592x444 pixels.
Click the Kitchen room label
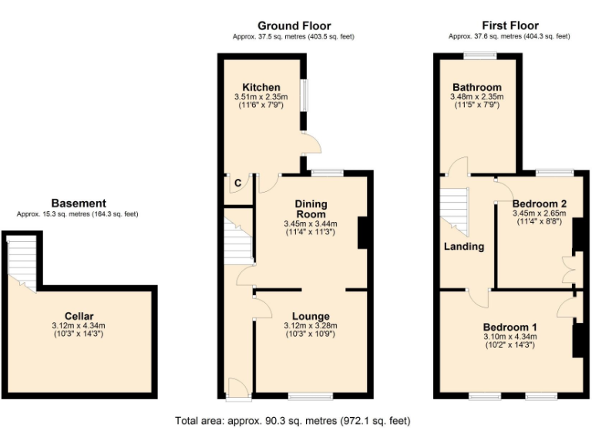(261, 87)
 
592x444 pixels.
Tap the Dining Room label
(311, 208)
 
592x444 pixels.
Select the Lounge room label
(311, 316)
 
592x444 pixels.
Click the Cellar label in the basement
(79, 316)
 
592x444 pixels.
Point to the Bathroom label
(476, 87)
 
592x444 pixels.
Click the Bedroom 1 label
(510, 326)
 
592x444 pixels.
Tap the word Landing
(464, 247)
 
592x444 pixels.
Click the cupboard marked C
(237, 183)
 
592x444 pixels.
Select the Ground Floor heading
(293, 25)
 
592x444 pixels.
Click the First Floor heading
(510, 25)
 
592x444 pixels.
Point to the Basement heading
(79, 203)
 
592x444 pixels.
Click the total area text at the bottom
(293, 422)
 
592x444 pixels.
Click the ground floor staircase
(238, 240)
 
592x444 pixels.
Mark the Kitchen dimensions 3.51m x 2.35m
(261, 97)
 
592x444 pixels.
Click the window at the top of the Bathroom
(479, 55)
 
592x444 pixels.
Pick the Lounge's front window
(311, 396)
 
